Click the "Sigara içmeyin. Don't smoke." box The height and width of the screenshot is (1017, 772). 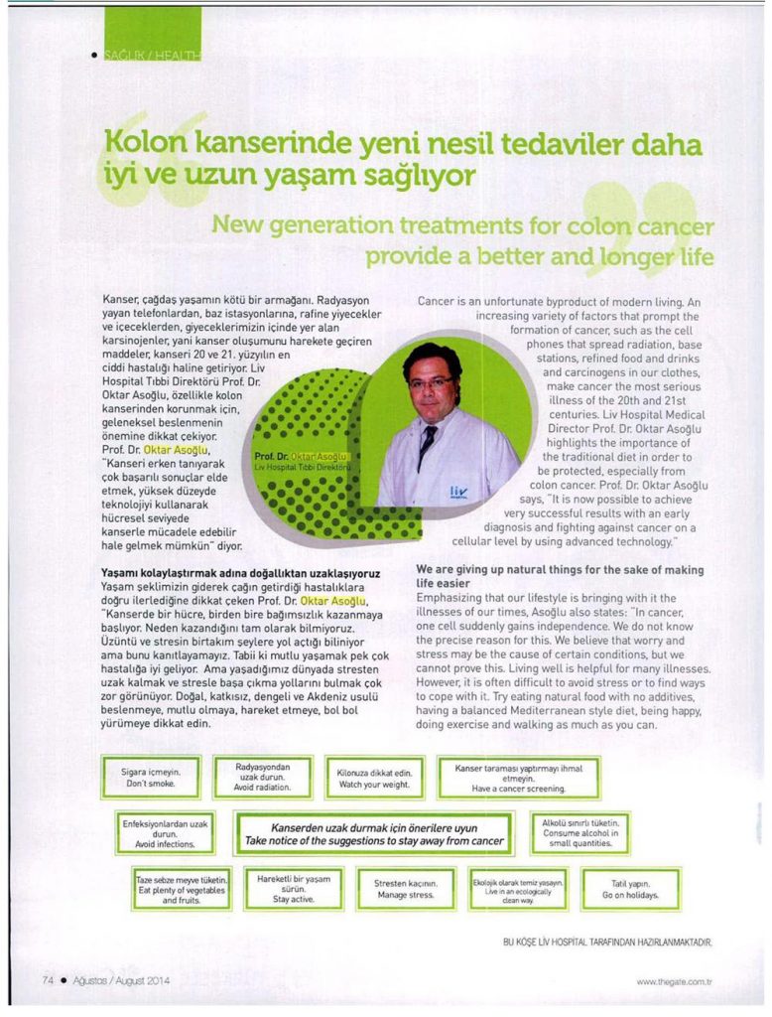point(151,777)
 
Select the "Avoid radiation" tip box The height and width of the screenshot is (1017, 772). point(263,777)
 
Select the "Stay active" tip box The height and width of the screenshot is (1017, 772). point(294,888)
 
